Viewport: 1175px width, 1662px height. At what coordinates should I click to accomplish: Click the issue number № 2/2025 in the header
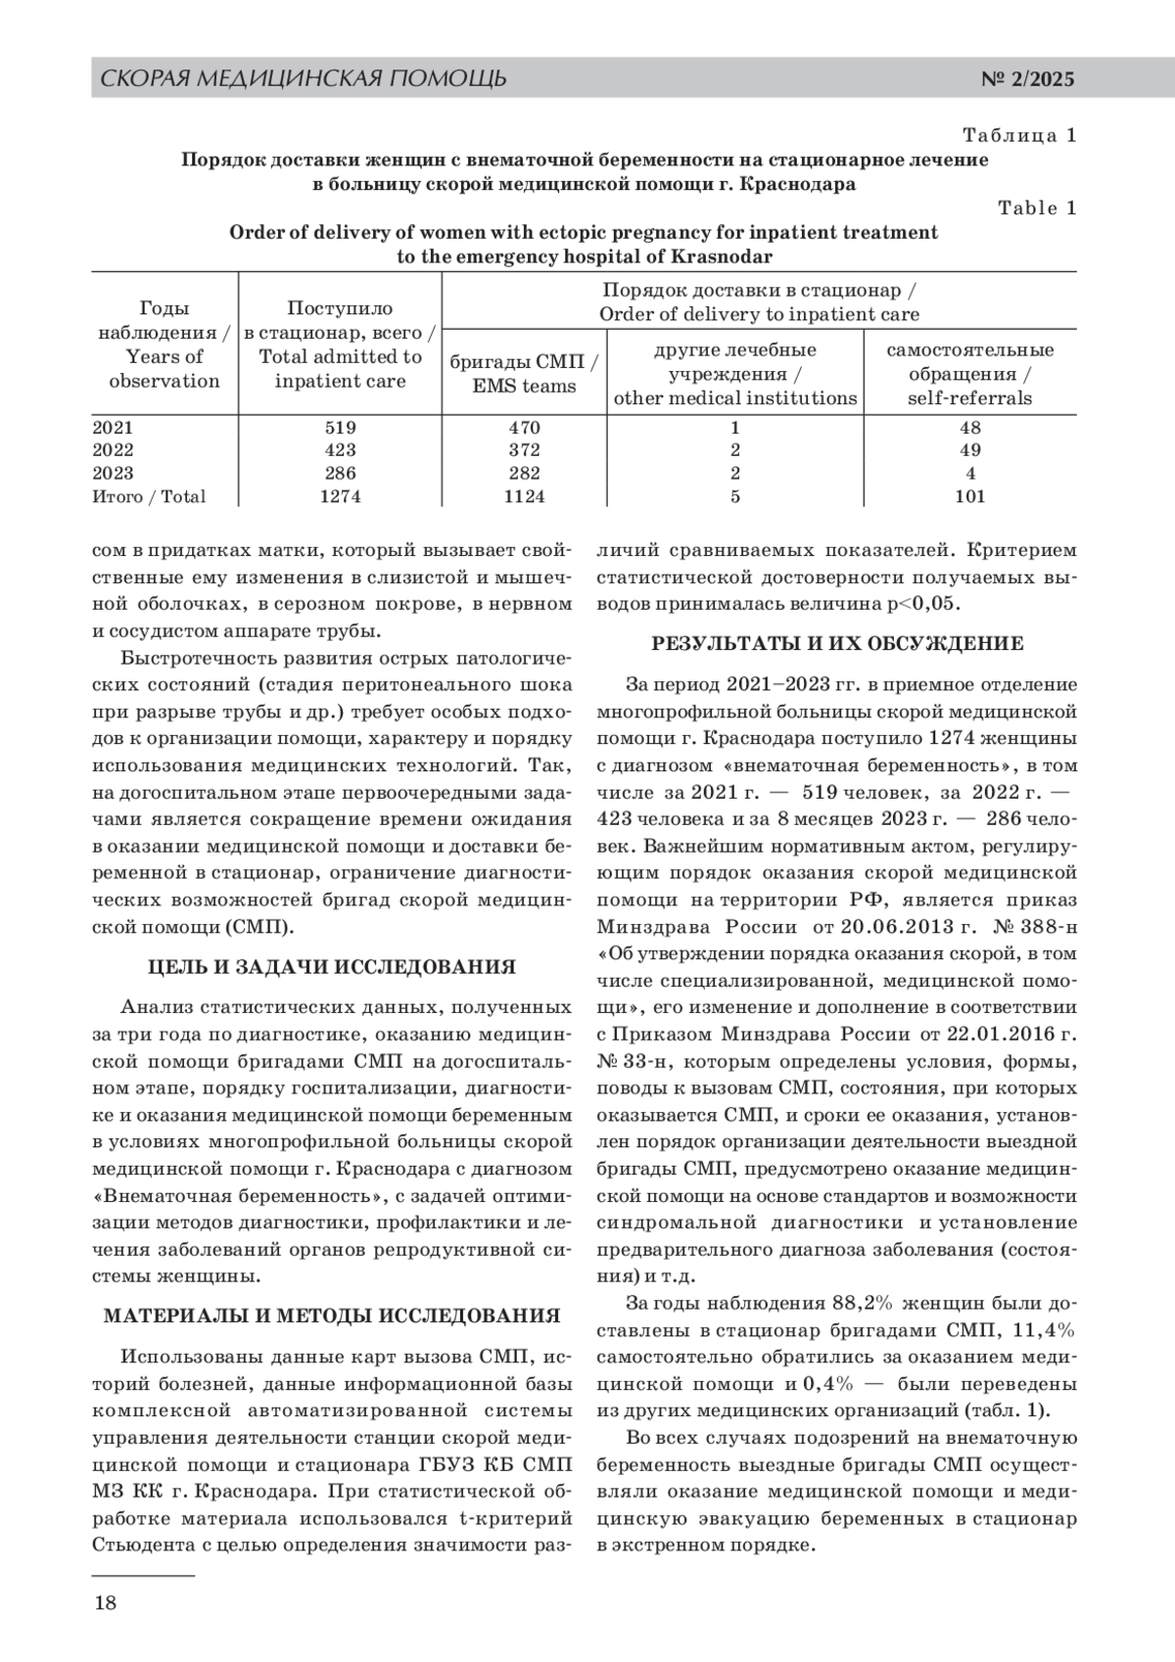(x=1027, y=79)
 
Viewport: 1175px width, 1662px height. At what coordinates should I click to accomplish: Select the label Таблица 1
(x=1019, y=135)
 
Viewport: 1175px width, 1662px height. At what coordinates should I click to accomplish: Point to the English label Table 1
(x=1037, y=208)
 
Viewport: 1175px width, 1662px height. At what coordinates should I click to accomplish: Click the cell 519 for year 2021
(x=340, y=428)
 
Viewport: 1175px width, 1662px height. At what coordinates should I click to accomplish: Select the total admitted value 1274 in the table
(x=340, y=496)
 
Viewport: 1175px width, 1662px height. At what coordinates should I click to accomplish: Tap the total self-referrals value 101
(x=969, y=496)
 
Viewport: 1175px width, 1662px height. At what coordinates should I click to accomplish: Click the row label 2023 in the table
(x=113, y=474)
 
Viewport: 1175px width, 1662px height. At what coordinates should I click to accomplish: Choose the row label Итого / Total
(x=149, y=496)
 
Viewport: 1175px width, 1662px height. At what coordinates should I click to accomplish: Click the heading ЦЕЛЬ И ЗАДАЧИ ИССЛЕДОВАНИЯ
(x=331, y=968)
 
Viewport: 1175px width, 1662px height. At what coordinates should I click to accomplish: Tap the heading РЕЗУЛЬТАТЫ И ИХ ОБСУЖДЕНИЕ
(x=837, y=644)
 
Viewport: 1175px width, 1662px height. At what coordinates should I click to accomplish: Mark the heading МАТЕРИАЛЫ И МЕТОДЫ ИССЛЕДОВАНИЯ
(x=332, y=1316)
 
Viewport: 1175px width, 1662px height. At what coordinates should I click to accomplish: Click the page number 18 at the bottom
(x=104, y=1602)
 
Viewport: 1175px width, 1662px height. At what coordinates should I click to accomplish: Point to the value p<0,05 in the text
(x=922, y=603)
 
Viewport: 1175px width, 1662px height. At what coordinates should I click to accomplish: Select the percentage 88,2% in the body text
(x=862, y=1303)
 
